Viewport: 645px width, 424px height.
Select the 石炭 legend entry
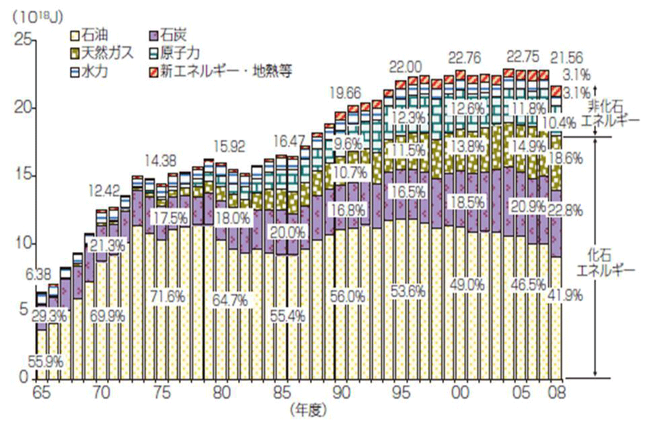(175, 32)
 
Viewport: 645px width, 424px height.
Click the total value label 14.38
(163, 159)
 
